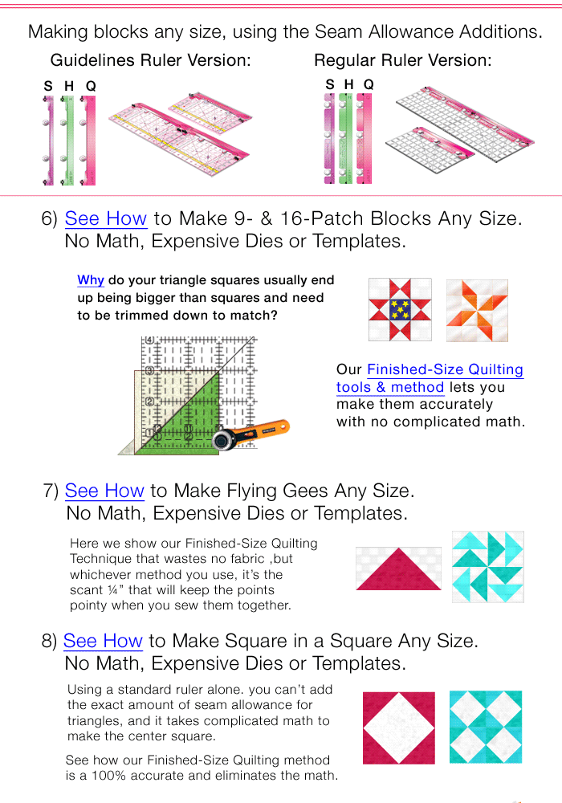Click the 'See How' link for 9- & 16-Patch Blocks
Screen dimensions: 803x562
[x=105, y=218]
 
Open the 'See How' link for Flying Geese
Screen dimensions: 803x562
[x=104, y=491]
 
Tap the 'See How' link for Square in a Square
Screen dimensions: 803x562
[x=103, y=641]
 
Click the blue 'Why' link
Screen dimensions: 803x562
[x=91, y=280]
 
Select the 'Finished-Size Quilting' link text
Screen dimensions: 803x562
[x=445, y=370]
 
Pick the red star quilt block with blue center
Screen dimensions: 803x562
[x=399, y=311]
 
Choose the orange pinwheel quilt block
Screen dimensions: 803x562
[x=477, y=311]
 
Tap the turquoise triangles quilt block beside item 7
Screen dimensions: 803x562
[x=487, y=567]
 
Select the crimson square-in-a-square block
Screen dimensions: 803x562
[x=398, y=728]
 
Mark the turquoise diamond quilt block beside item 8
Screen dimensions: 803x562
[x=485, y=727]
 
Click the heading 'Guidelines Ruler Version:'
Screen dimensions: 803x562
[x=150, y=60]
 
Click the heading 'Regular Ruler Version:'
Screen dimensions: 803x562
[x=402, y=60]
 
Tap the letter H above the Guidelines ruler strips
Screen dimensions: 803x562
[x=69, y=86]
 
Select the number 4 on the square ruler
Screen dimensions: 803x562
[x=149, y=340]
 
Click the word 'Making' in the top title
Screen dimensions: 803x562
[x=58, y=32]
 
